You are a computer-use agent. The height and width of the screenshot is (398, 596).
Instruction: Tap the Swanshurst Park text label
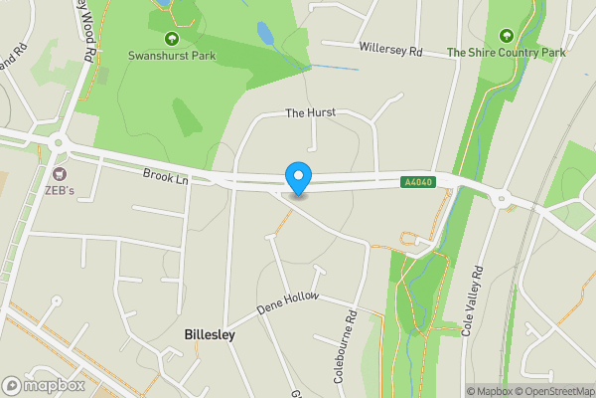pos(171,57)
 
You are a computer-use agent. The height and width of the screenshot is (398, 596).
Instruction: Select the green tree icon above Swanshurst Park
pos(171,39)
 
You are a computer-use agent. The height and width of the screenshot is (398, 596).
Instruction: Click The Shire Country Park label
pos(506,53)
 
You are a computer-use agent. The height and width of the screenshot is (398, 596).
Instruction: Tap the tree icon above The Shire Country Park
pos(506,35)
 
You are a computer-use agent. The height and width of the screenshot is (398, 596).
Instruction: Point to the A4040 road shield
pos(417,182)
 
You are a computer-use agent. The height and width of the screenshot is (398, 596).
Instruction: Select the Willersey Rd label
pos(390,48)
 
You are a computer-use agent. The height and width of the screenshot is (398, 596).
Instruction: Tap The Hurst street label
pos(306,114)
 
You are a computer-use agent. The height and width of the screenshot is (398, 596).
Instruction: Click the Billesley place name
pos(210,335)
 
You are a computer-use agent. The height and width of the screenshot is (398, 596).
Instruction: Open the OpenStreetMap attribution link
pos(552,391)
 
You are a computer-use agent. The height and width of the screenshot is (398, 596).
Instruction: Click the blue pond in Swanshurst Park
pos(265,34)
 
